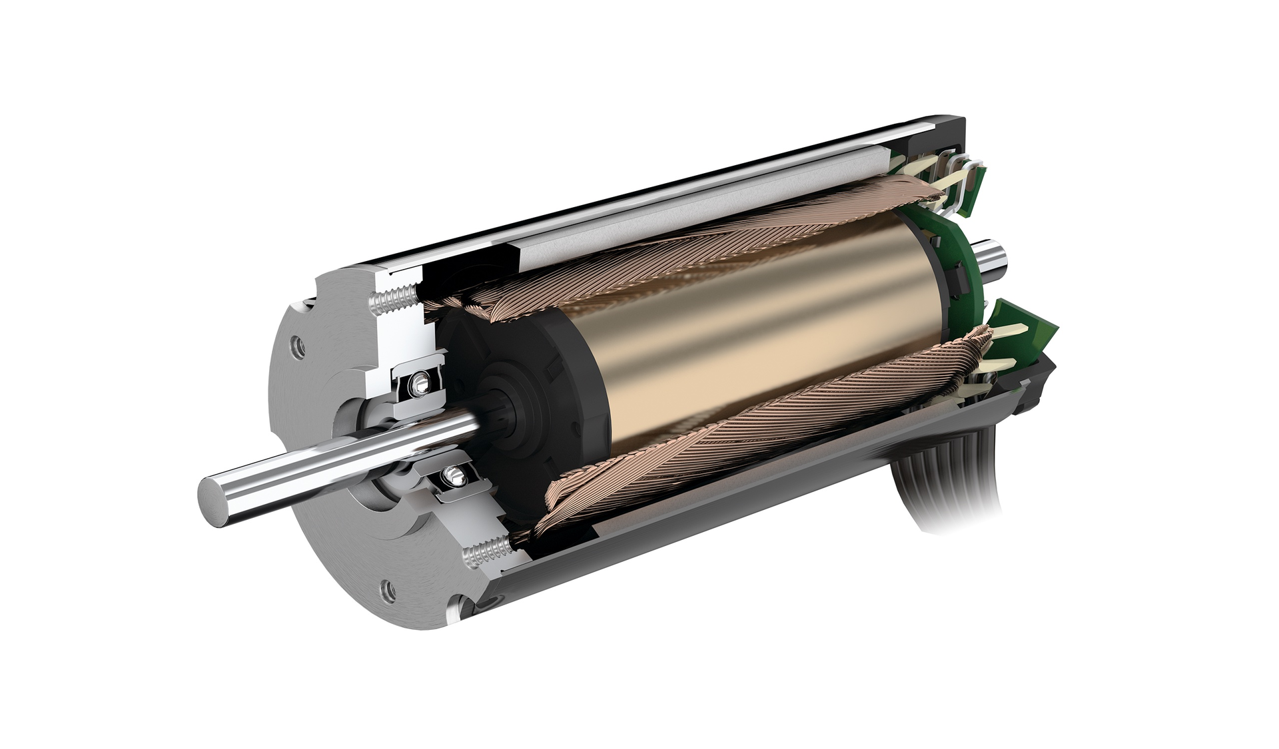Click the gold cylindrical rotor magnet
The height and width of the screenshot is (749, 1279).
pyautogui.click(x=733, y=333)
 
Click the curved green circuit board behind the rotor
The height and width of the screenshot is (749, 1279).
pyautogui.click(x=946, y=266)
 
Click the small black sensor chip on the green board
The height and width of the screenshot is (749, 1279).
pyautogui.click(x=960, y=273)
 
